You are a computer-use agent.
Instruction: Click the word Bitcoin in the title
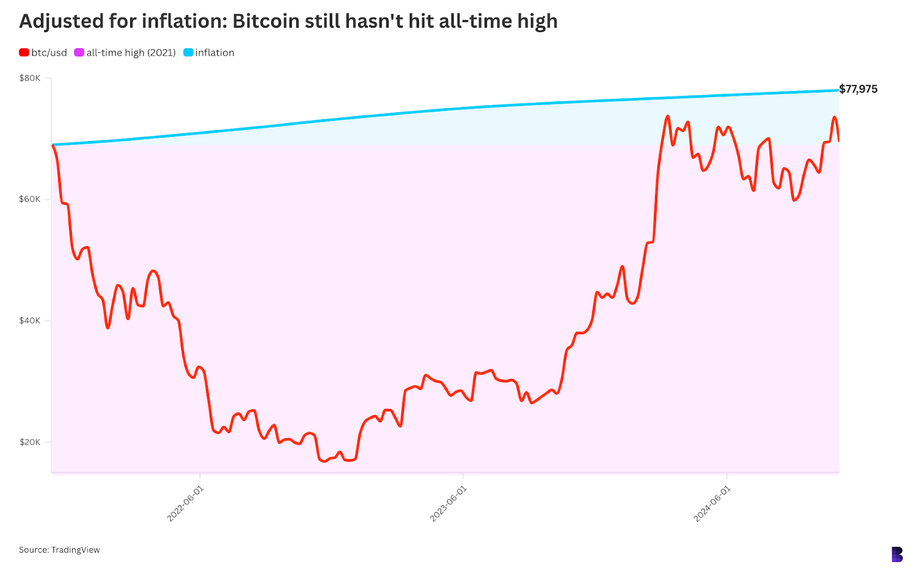pyautogui.click(x=266, y=21)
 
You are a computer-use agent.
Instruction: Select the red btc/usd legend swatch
pyautogui.click(x=24, y=52)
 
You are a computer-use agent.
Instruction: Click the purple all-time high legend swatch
pyautogui.click(x=79, y=52)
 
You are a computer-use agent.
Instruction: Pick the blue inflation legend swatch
pyautogui.click(x=188, y=52)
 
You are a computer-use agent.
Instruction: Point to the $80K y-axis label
pyautogui.click(x=30, y=78)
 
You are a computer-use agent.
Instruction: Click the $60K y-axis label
pyautogui.click(x=30, y=199)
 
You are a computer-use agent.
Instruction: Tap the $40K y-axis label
pyautogui.click(x=30, y=320)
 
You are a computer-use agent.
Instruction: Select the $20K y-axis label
pyautogui.click(x=30, y=442)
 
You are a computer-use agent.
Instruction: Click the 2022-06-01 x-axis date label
pyautogui.click(x=185, y=503)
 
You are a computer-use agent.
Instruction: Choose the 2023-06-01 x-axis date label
pyautogui.click(x=448, y=503)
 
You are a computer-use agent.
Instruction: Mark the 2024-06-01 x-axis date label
pyautogui.click(x=712, y=503)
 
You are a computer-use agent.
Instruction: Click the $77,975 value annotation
pyautogui.click(x=858, y=89)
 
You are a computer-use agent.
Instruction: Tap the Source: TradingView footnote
pyautogui.click(x=59, y=550)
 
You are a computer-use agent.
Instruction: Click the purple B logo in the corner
pyautogui.click(x=897, y=554)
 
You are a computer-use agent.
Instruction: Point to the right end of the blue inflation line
pyautogui.click(x=838, y=90)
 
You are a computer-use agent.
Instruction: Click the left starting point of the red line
pyautogui.click(x=52, y=145)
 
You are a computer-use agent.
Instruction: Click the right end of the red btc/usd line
pyautogui.click(x=838, y=140)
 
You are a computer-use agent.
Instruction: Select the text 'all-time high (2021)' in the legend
pyautogui.click(x=131, y=52)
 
